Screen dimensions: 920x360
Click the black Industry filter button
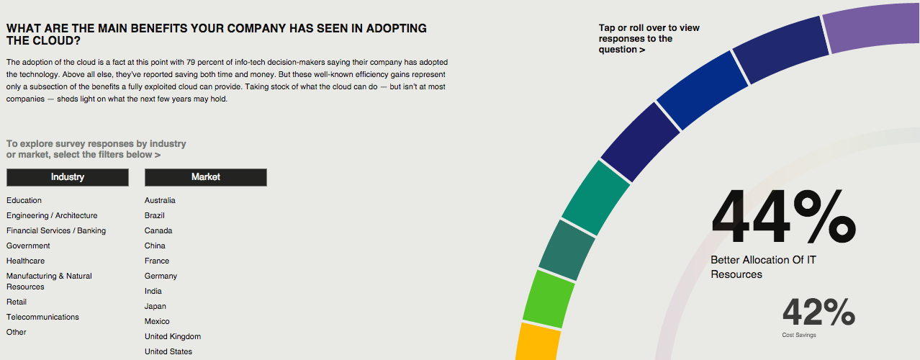68,177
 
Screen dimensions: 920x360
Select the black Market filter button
205,177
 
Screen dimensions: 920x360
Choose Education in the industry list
24,200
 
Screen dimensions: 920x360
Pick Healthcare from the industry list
25,261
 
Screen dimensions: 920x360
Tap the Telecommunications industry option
42,317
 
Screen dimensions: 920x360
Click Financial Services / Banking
56,230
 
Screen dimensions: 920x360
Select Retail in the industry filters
17,302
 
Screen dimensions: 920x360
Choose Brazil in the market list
155,215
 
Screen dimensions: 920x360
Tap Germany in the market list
161,276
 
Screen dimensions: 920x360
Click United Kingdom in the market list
173,336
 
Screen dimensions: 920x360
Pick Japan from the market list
155,306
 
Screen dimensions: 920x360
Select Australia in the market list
160,200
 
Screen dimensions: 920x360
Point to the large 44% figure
784,216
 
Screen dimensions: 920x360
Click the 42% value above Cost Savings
818,312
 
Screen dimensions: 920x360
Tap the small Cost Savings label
799,335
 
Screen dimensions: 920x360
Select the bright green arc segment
549,300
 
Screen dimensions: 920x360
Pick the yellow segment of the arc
538,342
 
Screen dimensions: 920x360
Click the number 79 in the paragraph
191,62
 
